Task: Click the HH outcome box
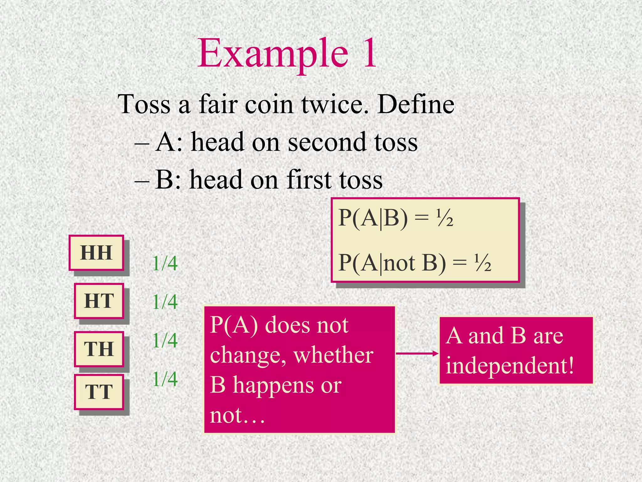96,253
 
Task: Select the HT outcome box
99,301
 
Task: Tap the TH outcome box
99,349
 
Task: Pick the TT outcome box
99,392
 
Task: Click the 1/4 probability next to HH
165,263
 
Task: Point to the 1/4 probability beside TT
165,379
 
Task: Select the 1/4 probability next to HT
165,302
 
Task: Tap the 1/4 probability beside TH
165,340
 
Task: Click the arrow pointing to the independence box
417,354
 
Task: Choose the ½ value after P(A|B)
445,218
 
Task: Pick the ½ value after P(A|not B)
483,263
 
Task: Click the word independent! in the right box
510,366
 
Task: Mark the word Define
416,104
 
